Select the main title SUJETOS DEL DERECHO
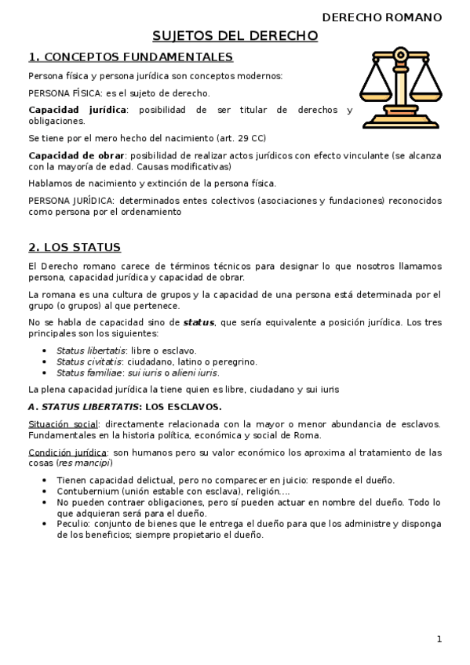(235, 36)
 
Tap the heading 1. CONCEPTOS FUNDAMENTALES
(130, 56)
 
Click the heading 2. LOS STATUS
(75, 248)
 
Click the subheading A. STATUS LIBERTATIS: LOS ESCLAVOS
(125, 406)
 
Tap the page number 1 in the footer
(439, 639)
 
